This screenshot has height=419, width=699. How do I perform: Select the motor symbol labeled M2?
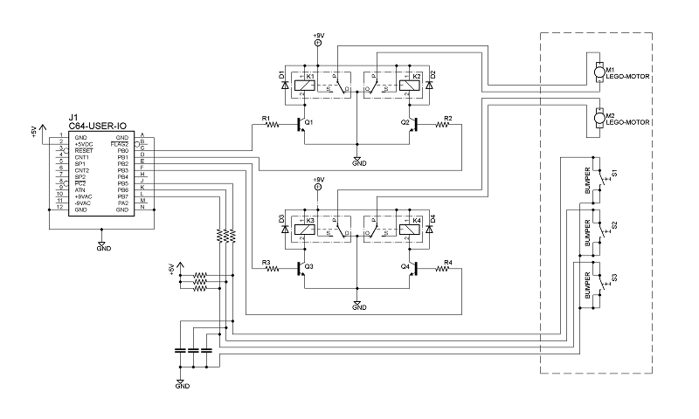coord(598,117)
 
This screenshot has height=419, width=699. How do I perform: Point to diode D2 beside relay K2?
coord(428,85)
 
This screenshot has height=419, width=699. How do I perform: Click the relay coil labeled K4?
coord(407,230)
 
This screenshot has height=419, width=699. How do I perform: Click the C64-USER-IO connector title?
coord(95,127)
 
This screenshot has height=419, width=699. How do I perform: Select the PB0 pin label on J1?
coord(123,151)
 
